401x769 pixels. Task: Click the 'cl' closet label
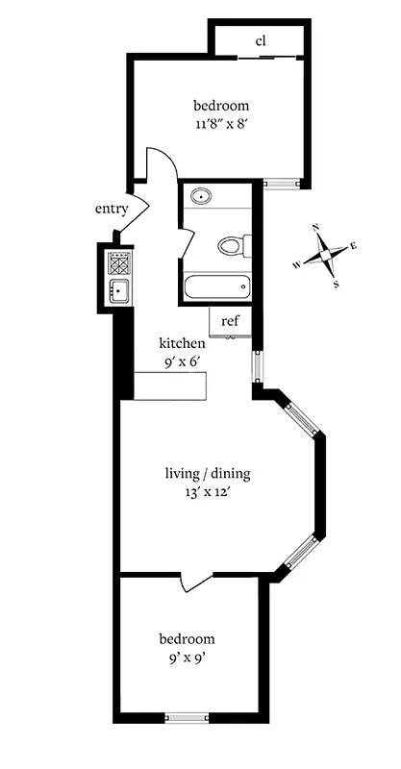tap(261, 41)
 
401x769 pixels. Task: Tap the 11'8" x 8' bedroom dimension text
tap(221, 123)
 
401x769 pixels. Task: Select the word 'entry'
tap(112, 209)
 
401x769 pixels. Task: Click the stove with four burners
tap(118, 262)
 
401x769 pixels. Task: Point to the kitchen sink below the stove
tap(118, 291)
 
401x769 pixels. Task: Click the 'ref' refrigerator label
tap(230, 321)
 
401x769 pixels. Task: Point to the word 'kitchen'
tap(182, 342)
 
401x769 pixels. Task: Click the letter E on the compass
tap(354, 246)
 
